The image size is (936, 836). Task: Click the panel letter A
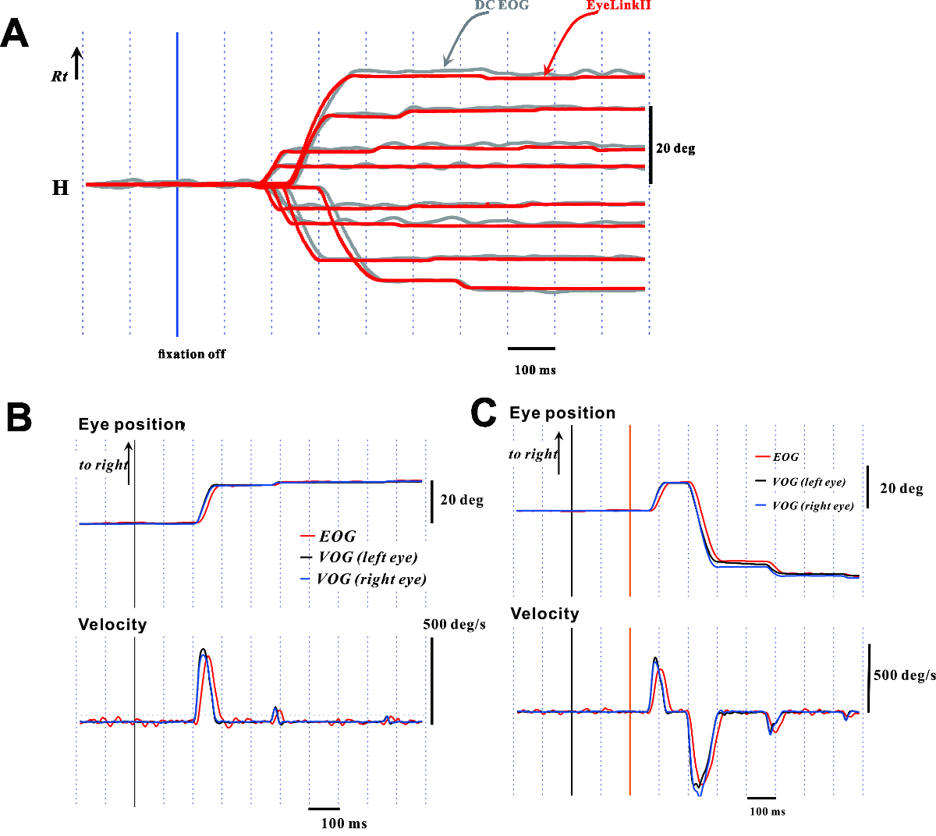coord(15,34)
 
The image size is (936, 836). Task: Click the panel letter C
coord(484,412)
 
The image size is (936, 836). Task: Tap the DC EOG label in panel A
coord(502,5)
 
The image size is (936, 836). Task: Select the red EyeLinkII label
coord(619,5)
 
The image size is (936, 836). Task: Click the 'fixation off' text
coord(192,354)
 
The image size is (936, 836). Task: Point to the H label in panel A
coord(60,188)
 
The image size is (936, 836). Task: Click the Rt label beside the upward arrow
coord(59,76)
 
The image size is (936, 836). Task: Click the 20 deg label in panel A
coord(675,148)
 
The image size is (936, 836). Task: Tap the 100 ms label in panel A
coord(535,370)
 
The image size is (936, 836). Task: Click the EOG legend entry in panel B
coord(337,537)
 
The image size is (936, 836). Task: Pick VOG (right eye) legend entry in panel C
coord(813,506)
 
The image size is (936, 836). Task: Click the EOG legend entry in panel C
coord(785,457)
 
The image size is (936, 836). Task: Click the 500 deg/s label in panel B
coord(455,625)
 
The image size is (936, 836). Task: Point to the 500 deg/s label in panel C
coord(905,675)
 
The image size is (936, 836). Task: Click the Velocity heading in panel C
coord(544,614)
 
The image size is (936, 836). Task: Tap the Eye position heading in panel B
coord(131,425)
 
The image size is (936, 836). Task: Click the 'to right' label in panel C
coord(533,454)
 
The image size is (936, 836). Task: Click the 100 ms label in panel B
coord(344,824)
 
